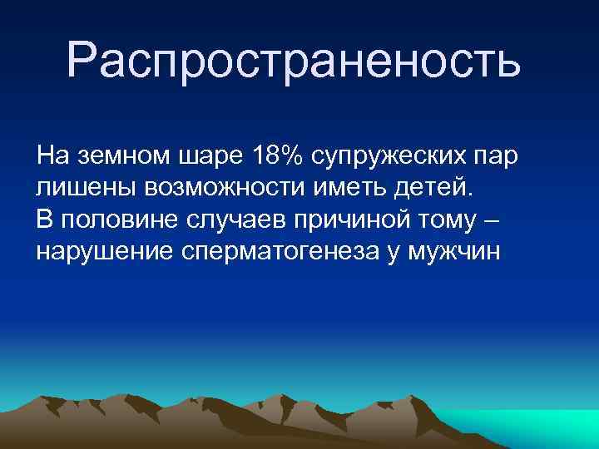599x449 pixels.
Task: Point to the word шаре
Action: pos(204,155)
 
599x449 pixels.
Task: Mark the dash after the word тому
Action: pos(493,220)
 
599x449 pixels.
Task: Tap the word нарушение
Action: pos(105,252)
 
